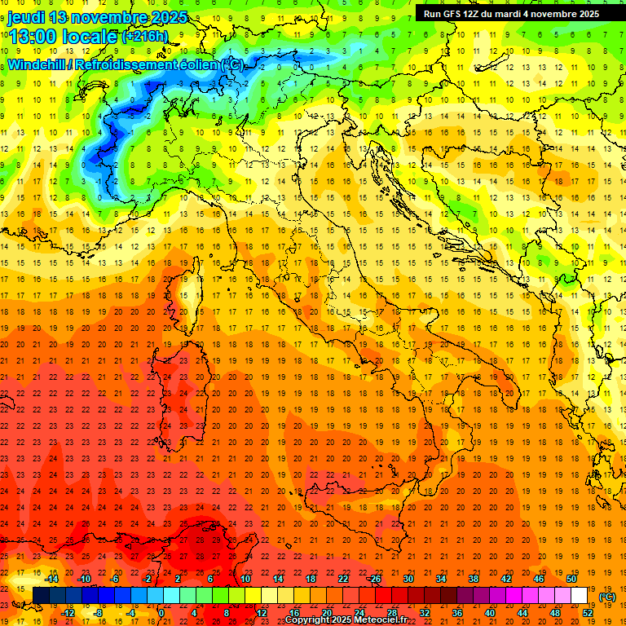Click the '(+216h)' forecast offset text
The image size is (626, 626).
click(145, 36)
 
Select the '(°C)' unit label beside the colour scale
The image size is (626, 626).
click(607, 597)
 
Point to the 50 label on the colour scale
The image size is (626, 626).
click(571, 579)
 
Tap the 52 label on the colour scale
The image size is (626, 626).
click(587, 612)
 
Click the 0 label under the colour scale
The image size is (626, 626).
click(161, 612)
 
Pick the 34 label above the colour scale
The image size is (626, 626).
click(441, 579)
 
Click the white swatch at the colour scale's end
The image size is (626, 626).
click(579, 595)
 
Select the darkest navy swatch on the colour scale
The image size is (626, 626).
click(41, 595)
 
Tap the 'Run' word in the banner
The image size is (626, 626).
click(432, 13)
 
